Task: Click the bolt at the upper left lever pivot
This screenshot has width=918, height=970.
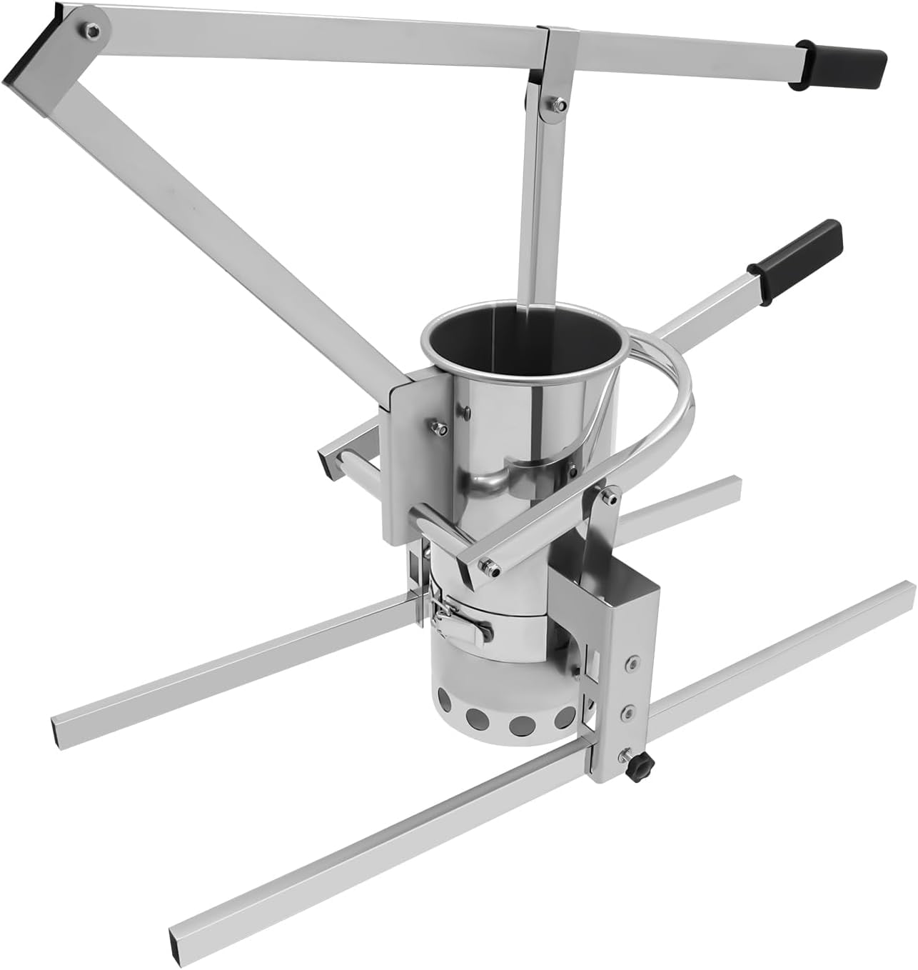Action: pyautogui.click(x=91, y=30)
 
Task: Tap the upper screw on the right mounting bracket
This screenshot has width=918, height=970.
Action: pyautogui.click(x=632, y=664)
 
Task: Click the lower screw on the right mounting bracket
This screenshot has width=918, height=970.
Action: pyautogui.click(x=631, y=712)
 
